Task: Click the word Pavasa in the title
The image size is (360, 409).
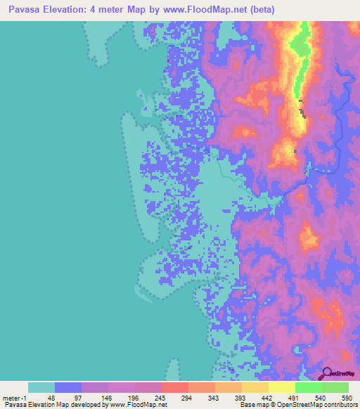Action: [22, 9]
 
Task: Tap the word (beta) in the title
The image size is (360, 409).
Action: [259, 9]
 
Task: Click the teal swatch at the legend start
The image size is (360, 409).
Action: [41, 387]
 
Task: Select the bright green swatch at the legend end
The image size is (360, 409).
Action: [335, 387]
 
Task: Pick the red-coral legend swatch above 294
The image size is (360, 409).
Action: [174, 387]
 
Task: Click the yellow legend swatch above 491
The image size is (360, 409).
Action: [281, 387]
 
